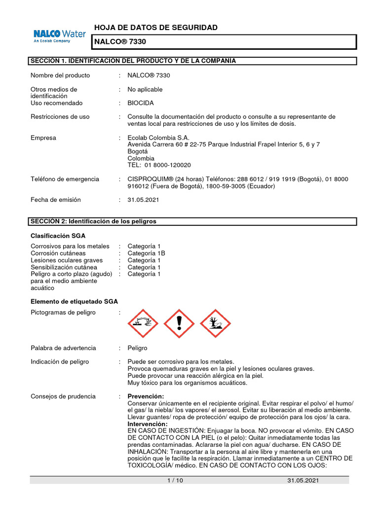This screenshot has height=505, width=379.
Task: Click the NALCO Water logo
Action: click(59, 36)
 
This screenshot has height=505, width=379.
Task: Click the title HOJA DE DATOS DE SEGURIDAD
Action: click(155, 28)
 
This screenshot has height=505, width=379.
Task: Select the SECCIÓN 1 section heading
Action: click(133, 61)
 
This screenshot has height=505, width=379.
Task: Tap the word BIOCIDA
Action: click(141, 103)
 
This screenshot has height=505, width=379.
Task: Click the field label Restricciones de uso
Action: click(60, 117)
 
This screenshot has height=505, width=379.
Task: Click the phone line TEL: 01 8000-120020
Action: click(159, 165)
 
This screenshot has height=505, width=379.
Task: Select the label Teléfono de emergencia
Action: click(65, 179)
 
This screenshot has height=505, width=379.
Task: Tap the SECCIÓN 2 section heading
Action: click(94, 221)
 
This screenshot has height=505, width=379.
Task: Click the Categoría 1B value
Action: click(146, 253)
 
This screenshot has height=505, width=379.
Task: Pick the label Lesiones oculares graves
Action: click(67, 260)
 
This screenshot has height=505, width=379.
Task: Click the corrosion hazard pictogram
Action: click(143, 324)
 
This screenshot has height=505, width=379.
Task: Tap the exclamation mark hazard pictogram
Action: click(179, 324)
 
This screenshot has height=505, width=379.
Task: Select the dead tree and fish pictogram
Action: click(215, 324)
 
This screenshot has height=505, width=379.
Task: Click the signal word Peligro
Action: click(137, 348)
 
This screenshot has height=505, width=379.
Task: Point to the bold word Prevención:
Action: click(146, 397)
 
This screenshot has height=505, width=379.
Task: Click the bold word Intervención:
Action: click(148, 424)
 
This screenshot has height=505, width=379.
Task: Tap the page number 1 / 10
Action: click(175, 480)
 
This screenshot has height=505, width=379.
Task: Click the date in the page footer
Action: click(303, 480)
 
